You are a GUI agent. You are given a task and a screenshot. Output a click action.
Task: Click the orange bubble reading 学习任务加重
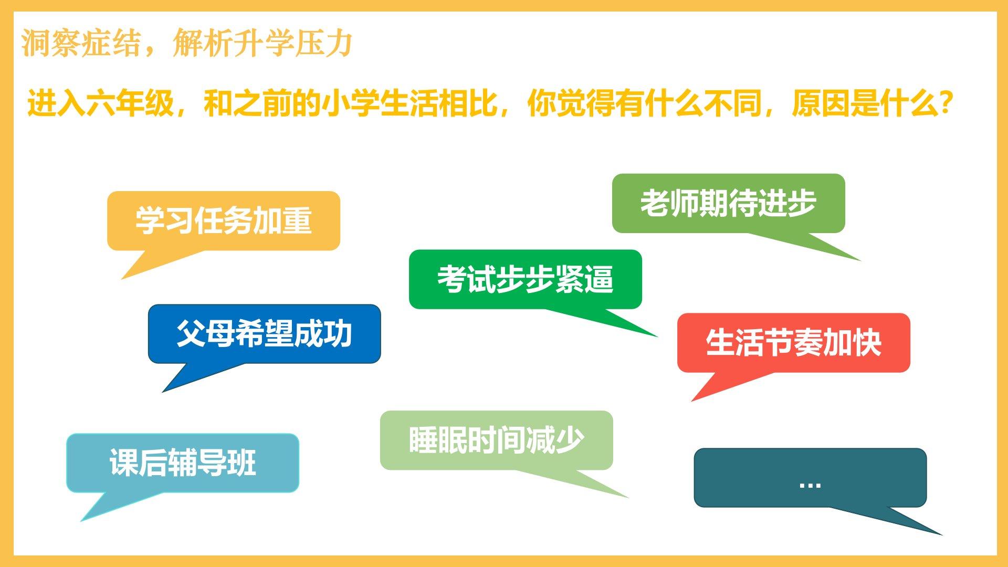coord(224,220)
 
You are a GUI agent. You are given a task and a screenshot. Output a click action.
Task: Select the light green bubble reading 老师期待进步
coord(729,203)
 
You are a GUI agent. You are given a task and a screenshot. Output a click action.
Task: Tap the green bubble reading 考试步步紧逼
coord(526,279)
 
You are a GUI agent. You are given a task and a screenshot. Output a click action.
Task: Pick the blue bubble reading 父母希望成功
coord(264,333)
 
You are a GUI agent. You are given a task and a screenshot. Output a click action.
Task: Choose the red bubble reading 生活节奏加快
coord(793,343)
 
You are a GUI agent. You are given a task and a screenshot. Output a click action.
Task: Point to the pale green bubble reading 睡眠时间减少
coord(497,440)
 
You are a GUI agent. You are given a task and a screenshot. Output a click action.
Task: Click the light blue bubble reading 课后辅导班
coord(183,463)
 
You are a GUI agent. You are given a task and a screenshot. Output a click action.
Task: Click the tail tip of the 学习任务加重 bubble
coord(121,279)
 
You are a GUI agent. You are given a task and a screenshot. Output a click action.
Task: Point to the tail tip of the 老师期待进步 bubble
coord(861,261)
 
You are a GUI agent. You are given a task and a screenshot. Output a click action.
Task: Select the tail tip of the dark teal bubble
coord(943,535)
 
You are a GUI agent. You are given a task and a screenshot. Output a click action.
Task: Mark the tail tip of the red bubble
coord(691,402)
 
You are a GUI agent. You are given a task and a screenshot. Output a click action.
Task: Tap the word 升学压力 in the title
coord(293,43)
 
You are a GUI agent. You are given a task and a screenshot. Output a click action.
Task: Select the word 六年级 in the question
coord(130,103)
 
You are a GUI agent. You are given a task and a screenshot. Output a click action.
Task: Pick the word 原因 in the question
coord(821,103)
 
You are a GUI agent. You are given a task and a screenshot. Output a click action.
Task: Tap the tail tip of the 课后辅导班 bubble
coord(80,521)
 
